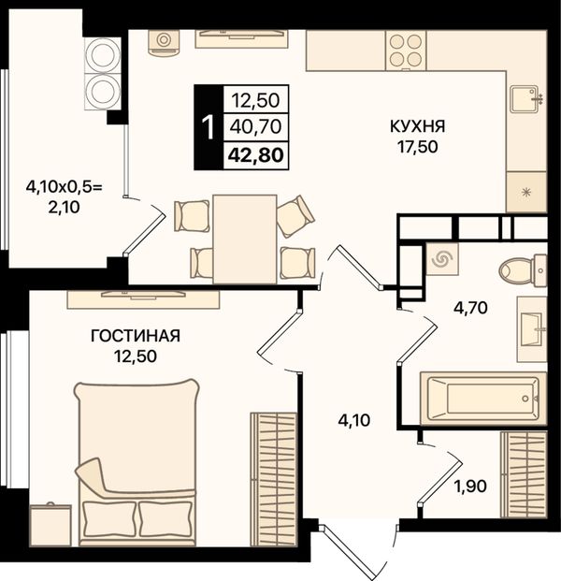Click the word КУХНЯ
coord(417,126)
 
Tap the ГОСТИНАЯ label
coord(136,336)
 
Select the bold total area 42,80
coord(256,155)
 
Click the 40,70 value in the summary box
coord(255,127)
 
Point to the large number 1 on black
coord(209,127)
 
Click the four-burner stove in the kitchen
coord(406,51)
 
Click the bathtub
coord(483,399)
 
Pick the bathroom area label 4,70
coord(470,308)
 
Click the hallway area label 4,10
coord(353,420)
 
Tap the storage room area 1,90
coord(470,486)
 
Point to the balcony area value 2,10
coord(64,207)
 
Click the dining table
coord(245,240)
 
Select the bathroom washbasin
coord(532,329)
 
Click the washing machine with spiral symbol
coord(442,259)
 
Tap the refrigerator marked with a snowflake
coord(525,192)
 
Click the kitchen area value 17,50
coord(418,147)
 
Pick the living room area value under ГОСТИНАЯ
coord(136,356)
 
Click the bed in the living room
coord(136,462)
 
